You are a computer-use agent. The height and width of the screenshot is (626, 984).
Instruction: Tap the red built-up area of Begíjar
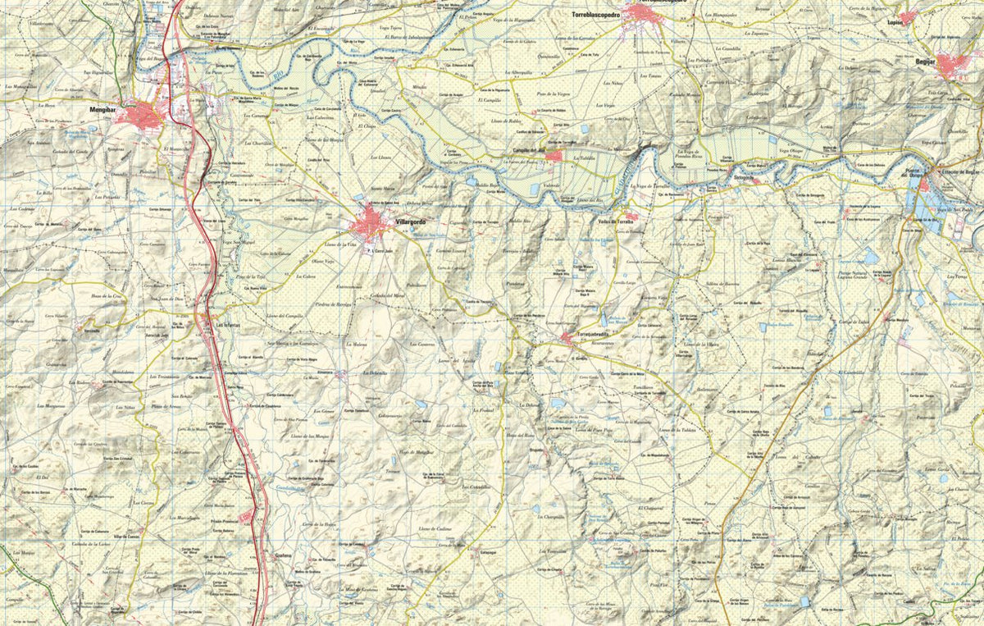click(x=954, y=65)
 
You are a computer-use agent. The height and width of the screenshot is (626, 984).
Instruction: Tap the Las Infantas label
click(x=226, y=323)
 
